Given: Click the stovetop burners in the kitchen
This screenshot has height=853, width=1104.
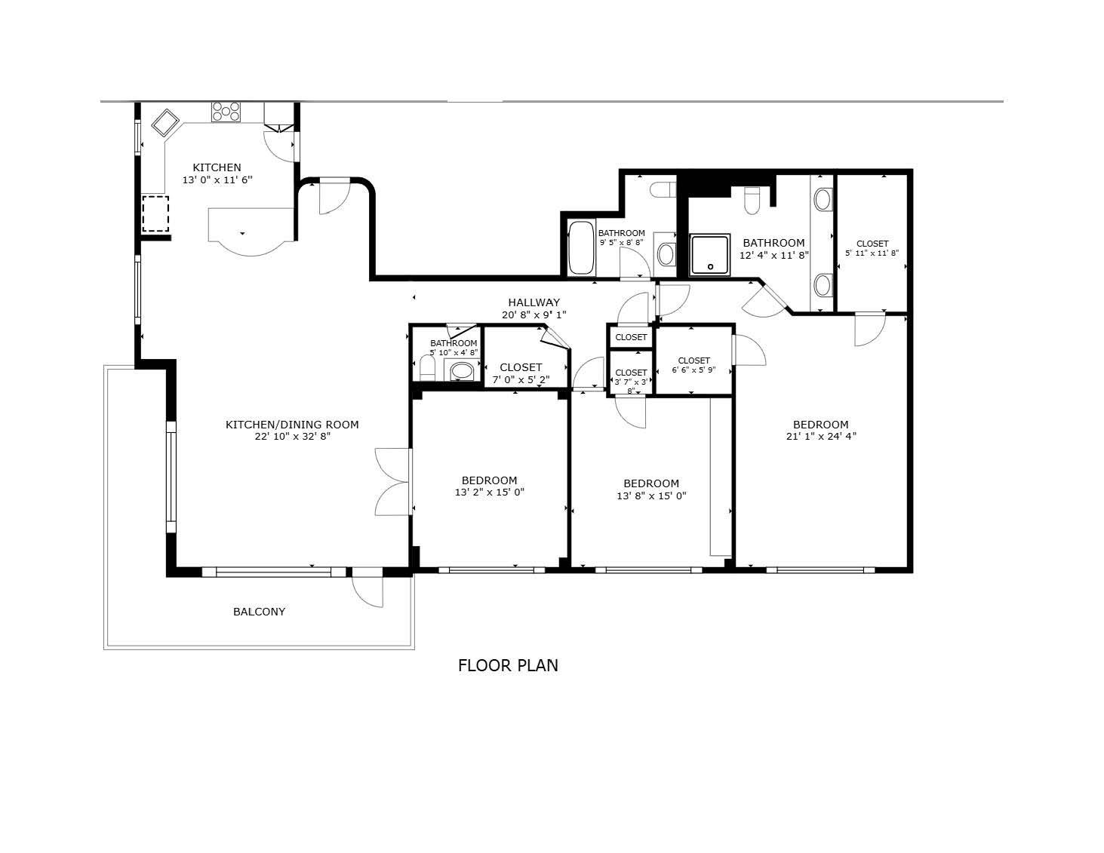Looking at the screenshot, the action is [x=226, y=112].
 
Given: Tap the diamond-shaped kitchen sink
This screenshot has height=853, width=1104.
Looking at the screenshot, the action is [x=165, y=123].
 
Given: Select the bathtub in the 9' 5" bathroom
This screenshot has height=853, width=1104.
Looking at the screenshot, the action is [x=581, y=248].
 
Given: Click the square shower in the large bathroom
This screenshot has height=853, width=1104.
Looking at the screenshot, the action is [x=709, y=255].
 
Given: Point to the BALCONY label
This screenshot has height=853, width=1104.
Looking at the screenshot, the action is [x=259, y=612].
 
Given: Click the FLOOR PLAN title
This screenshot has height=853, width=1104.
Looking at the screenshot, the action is [x=508, y=666].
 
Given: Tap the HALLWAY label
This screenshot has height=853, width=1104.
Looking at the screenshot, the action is [x=534, y=302].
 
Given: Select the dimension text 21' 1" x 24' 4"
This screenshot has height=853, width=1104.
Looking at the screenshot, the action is [x=821, y=436].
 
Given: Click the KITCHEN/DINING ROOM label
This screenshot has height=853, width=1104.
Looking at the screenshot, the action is [x=292, y=425].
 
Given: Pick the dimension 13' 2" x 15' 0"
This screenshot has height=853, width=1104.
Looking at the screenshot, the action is [x=489, y=492].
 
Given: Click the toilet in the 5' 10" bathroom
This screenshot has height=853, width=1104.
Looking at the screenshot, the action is [x=427, y=367].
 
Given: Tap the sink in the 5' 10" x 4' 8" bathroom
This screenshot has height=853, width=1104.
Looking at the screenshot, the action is [x=461, y=370].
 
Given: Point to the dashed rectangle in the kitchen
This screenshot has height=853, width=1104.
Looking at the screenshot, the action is [x=155, y=214].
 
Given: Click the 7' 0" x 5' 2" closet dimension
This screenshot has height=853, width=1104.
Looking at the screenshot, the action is [x=521, y=379].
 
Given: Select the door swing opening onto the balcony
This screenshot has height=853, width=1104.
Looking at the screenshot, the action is [x=367, y=591].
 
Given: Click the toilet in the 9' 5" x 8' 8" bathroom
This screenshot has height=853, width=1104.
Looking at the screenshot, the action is [x=663, y=189].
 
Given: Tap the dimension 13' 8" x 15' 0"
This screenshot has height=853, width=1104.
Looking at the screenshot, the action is [x=651, y=496].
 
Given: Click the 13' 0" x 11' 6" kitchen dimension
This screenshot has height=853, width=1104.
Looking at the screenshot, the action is [x=217, y=179].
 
